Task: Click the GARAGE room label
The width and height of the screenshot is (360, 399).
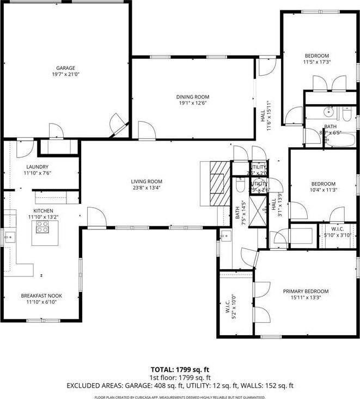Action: coord(65,68)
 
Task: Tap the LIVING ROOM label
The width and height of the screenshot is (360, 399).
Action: coord(146,182)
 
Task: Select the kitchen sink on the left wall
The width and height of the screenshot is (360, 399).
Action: coord(9,238)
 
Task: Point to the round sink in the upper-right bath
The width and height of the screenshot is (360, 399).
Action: coord(328,113)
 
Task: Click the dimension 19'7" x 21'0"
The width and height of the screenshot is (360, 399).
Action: coord(65,75)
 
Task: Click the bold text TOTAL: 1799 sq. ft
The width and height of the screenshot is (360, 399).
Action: coord(180,369)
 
